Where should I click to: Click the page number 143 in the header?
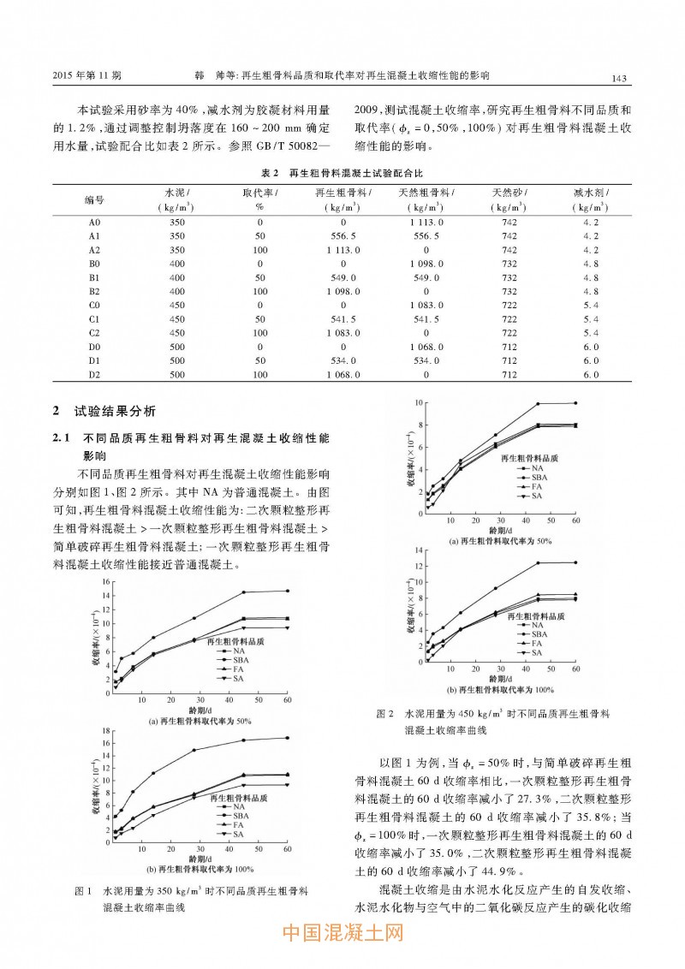621,79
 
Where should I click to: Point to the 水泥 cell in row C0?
177,306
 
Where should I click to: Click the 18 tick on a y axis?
105,731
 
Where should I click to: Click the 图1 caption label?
83,890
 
